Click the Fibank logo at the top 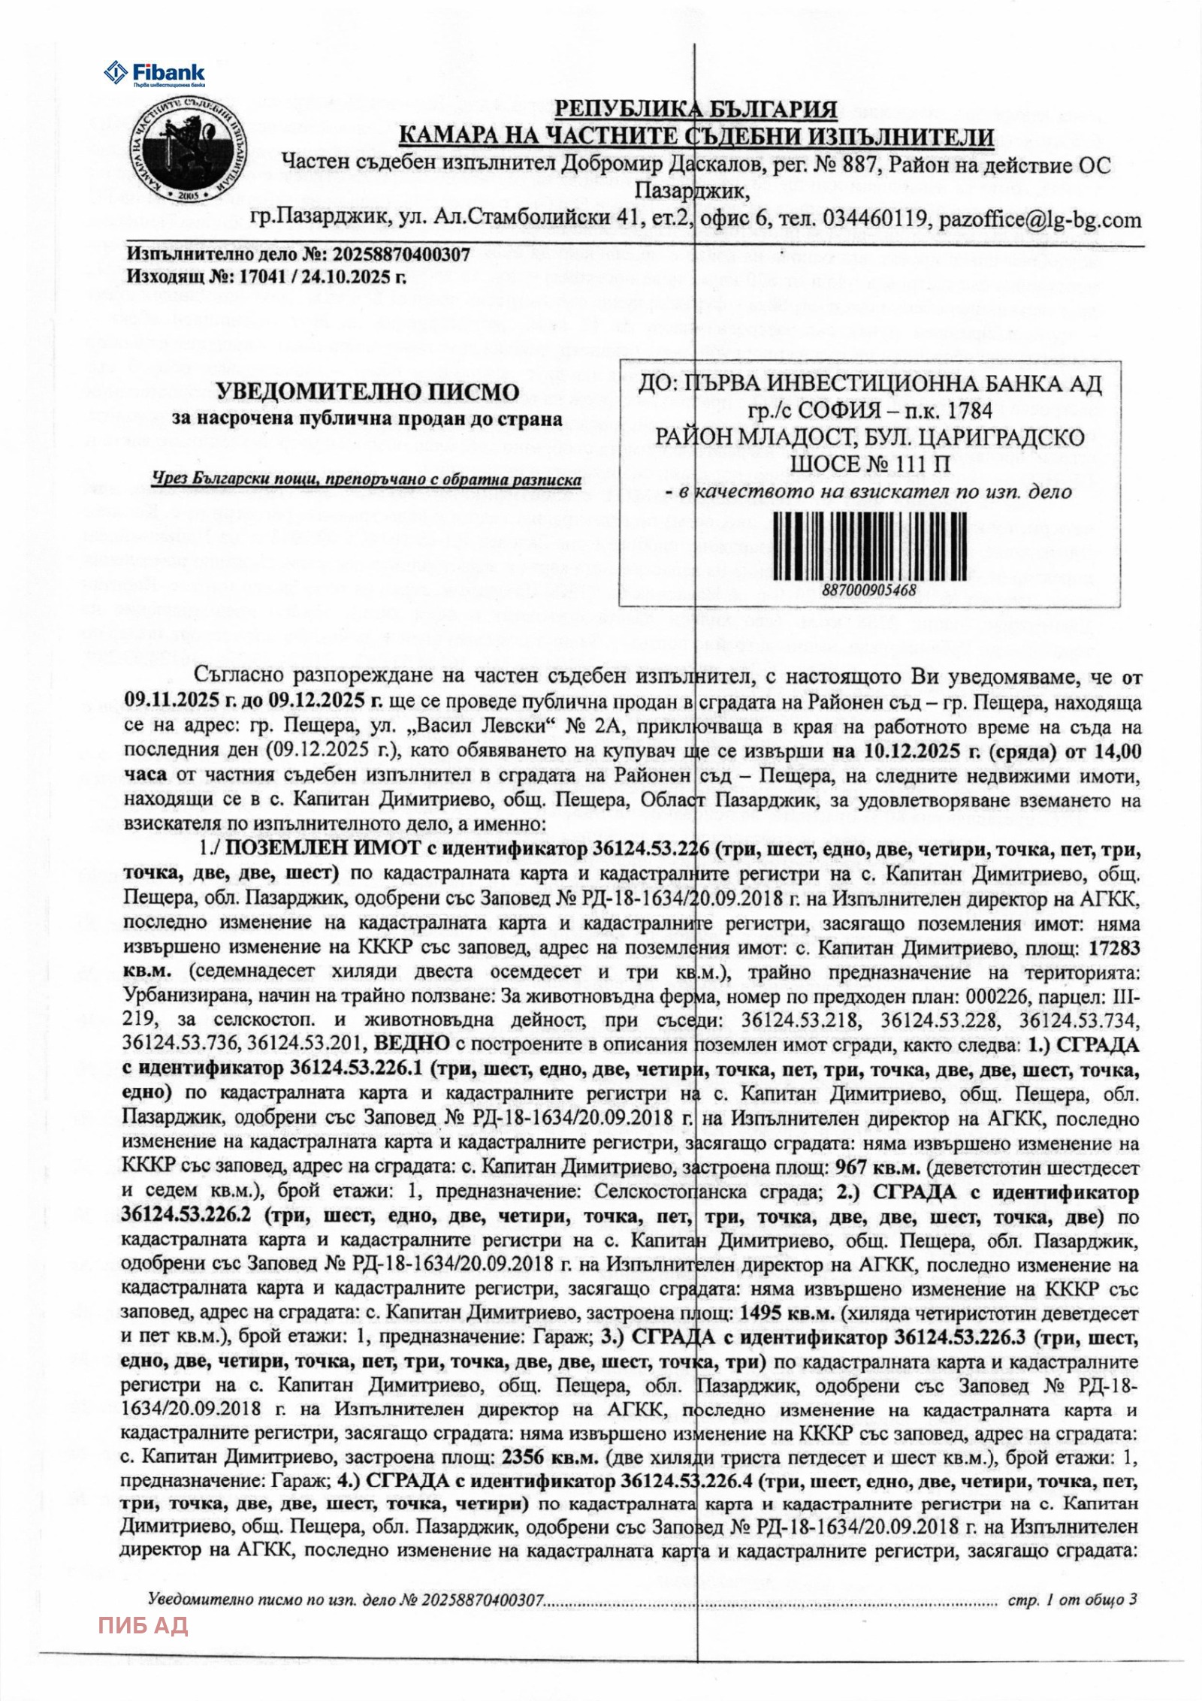[154, 73]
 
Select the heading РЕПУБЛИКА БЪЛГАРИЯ [695, 110]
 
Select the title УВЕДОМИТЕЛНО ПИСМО [367, 391]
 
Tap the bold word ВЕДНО [405, 1044]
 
